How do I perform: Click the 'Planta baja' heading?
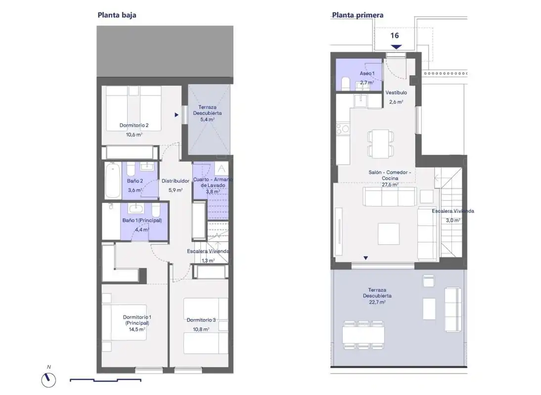[117, 15]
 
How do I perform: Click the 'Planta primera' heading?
[358, 15]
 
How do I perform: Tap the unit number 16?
[395, 35]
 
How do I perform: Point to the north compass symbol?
[48, 380]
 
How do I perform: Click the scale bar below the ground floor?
[105, 380]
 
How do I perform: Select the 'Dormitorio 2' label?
[134, 125]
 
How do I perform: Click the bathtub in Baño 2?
[113, 181]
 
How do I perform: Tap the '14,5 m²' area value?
[137, 329]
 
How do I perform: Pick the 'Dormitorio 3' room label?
[201, 320]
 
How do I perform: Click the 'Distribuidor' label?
[176, 181]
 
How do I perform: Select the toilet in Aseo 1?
[345, 84]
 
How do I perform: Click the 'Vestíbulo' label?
[396, 93]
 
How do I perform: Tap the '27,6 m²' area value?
[390, 185]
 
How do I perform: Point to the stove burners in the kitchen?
[343, 129]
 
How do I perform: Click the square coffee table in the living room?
[389, 234]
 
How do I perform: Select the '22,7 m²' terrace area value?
[377, 302]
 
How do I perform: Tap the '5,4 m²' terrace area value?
[207, 119]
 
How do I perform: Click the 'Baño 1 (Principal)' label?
[142, 220]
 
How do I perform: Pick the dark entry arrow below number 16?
[397, 47]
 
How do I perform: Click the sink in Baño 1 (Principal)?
[136, 208]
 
